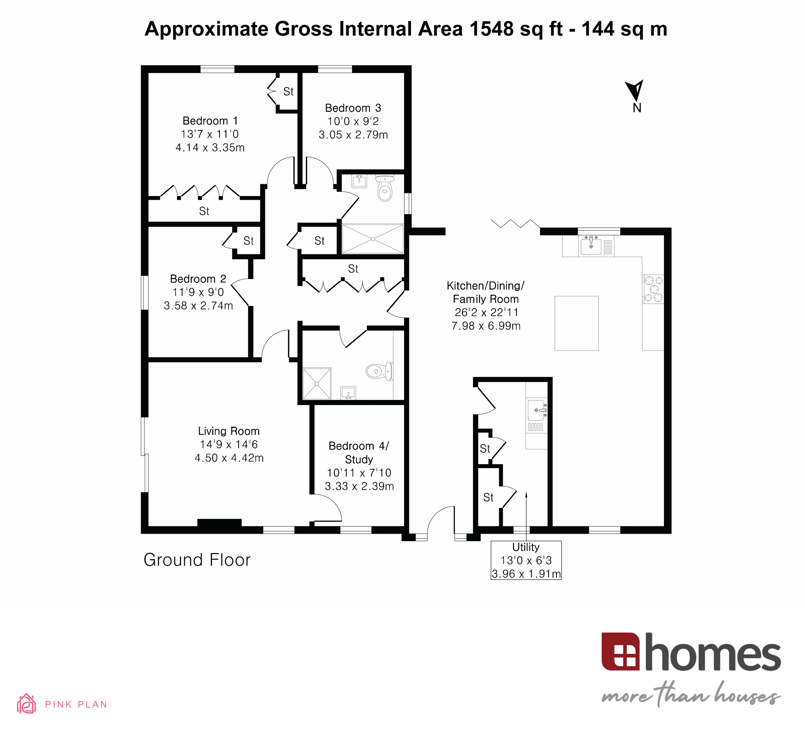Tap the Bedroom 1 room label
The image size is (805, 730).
pos(210,121)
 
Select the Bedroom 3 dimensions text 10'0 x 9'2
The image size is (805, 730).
pos(353,121)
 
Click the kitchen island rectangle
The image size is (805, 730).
pos(576,323)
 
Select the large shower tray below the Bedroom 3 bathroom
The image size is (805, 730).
pos(373,239)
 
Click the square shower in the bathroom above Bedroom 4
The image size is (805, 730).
pos(317,384)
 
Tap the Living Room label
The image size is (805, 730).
pos(229,431)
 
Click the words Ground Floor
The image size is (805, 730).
pos(197,560)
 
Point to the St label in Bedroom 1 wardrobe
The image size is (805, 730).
pos(204,211)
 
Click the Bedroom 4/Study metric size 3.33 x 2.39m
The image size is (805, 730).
pos(359,486)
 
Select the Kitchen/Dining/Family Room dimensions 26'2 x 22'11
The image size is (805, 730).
pos(486,312)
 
